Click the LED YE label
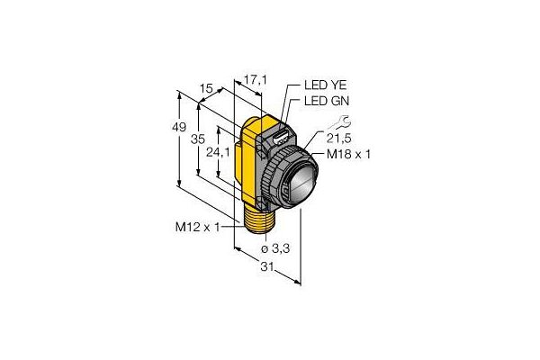pos(325,85)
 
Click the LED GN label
pos(327,101)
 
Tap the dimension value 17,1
pos(256,80)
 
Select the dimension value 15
pos(206,89)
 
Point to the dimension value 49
pos(179,128)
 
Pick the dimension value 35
pos(198,139)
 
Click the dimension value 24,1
pos(218,152)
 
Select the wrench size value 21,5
pos(339,139)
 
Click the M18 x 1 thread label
pos(348,154)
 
